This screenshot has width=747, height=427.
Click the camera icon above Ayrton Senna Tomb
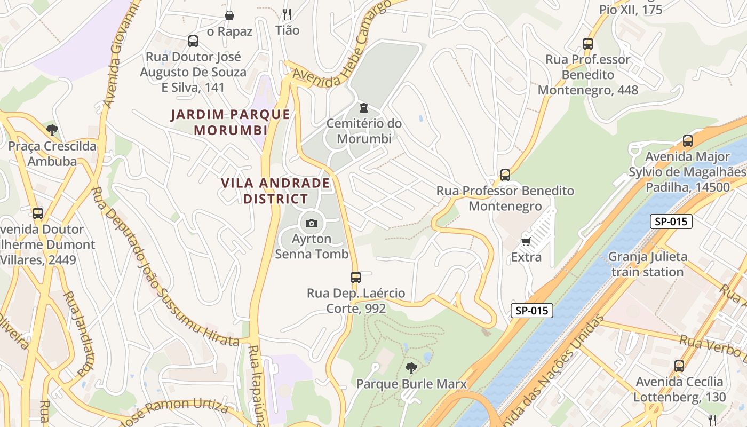[312, 223]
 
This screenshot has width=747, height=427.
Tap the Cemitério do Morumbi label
[364, 131]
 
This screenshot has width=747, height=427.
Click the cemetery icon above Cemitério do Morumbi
[364, 108]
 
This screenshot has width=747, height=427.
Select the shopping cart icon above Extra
[526, 242]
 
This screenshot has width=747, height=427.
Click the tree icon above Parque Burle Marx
[411, 368]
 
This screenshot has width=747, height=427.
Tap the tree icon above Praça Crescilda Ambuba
[52, 130]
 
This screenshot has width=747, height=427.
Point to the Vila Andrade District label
[275, 191]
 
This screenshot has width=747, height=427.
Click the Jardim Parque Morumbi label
[231, 122]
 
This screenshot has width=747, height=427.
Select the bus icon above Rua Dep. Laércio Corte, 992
[356, 278]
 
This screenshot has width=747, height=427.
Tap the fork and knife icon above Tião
[287, 14]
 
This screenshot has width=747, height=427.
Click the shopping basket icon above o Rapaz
[229, 15]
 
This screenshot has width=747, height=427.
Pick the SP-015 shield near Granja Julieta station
[671, 222]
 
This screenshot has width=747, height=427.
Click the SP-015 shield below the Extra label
[531, 311]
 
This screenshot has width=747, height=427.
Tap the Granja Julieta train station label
[648, 264]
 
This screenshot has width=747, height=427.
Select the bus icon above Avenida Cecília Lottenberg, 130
[679, 366]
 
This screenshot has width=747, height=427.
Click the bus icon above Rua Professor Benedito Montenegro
[505, 175]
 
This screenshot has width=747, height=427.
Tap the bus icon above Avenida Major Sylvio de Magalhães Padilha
[688, 141]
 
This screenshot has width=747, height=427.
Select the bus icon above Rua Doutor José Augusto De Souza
[193, 41]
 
